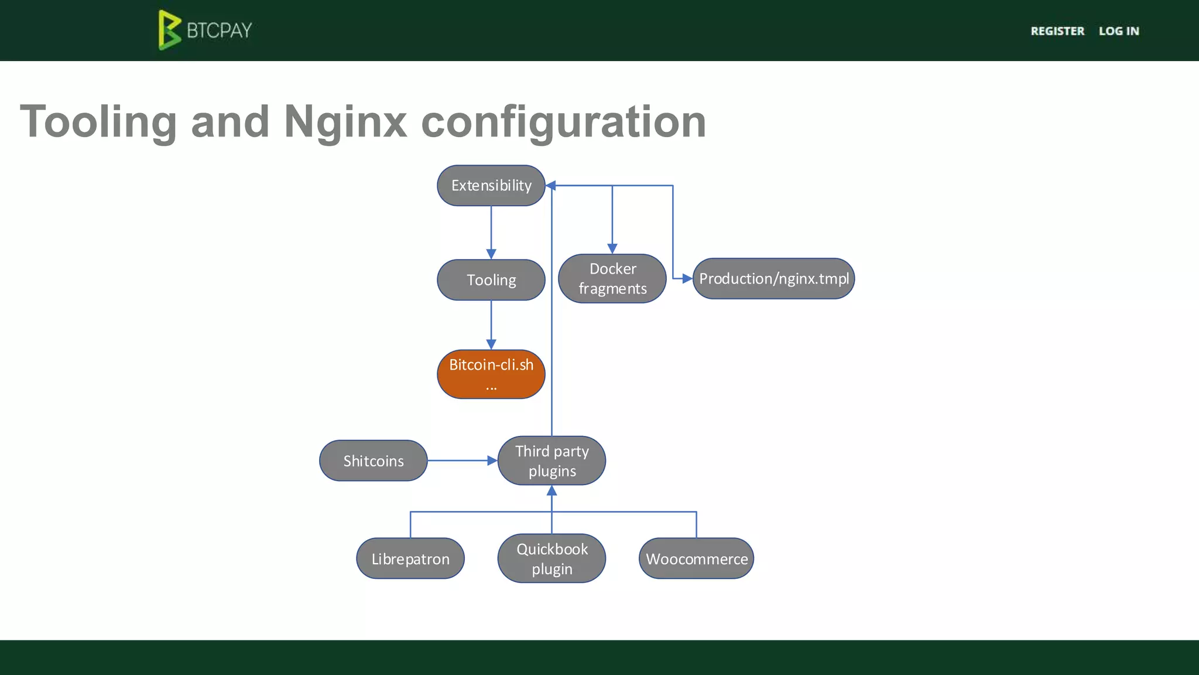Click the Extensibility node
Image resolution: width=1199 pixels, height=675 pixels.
tap(491, 186)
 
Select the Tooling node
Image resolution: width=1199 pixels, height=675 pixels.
tap(491, 280)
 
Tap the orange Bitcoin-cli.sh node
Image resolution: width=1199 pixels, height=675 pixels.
tap(491, 374)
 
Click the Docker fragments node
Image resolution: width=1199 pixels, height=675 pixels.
tap(612, 279)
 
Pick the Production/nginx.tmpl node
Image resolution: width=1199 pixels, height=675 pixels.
tap(773, 279)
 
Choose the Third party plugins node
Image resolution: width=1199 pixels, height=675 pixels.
tap(551, 461)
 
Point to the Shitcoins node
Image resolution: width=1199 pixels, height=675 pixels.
tap(374, 461)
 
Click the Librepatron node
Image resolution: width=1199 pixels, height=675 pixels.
tap(410, 558)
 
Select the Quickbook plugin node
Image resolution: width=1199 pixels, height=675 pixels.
tap(551, 558)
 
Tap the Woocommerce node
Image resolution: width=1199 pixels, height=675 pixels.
tap(696, 558)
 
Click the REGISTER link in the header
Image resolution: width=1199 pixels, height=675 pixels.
tap(1057, 31)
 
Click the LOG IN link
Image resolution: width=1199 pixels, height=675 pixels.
tap(1119, 31)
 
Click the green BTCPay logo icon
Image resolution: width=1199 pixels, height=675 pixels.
tap(169, 30)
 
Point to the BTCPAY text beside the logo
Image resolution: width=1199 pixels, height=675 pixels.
tap(220, 30)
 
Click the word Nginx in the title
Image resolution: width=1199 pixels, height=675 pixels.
tap(345, 122)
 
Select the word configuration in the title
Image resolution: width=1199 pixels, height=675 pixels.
tap(563, 122)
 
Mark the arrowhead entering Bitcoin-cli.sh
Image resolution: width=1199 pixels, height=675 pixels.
tap(491, 345)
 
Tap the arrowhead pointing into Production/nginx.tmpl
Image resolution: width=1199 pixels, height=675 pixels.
tap(687, 279)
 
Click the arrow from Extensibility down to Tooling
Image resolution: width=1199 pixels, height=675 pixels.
tap(491, 231)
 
